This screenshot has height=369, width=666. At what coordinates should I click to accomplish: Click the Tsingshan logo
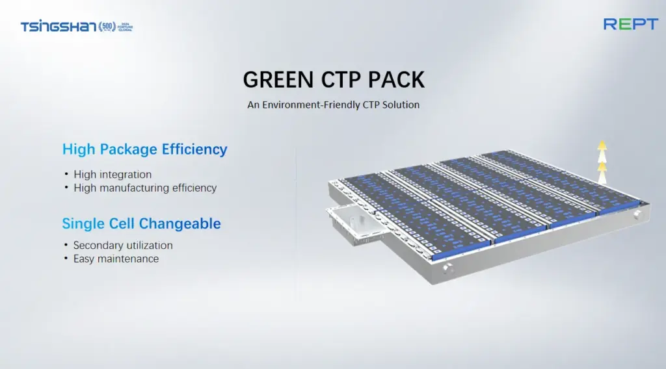coord(59,27)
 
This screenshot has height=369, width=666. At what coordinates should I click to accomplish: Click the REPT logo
coord(631,24)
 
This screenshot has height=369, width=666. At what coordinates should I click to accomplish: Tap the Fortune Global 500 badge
coord(116,27)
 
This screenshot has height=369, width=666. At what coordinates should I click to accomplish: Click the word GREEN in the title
coord(278,80)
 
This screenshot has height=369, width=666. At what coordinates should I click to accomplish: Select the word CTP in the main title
coord(341,80)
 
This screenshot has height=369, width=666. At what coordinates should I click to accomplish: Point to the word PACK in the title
coord(396,80)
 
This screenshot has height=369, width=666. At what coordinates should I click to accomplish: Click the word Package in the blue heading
coord(128,149)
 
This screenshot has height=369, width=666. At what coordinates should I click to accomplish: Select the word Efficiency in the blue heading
coord(194,149)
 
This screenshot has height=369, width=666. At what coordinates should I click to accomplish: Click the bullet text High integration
coord(113,174)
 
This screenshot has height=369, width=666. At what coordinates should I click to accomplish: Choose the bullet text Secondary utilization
coord(123,245)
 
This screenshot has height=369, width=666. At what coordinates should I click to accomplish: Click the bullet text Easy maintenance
coord(116,259)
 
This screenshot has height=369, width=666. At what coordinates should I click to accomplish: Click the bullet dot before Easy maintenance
coord(66,258)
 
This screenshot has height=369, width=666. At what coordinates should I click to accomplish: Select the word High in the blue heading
coord(79,149)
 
